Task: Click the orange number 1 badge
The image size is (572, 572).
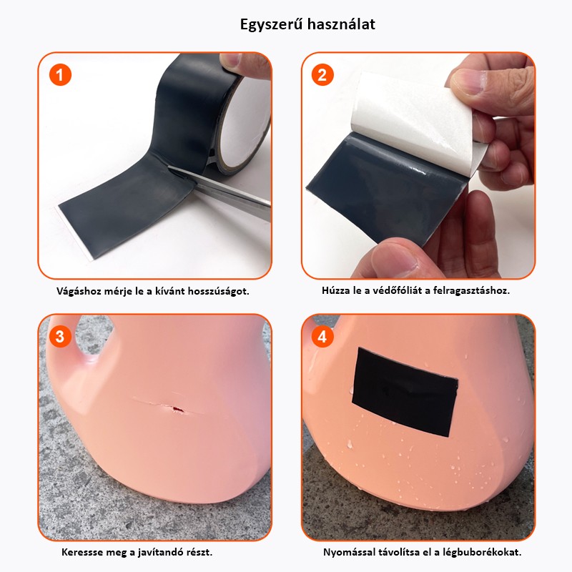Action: click(x=60, y=75)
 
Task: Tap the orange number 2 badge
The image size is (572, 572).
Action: click(x=322, y=75)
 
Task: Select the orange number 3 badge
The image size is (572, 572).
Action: click(x=60, y=336)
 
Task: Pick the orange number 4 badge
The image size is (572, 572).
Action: click(x=322, y=336)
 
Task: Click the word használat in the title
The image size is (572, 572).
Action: click(x=341, y=24)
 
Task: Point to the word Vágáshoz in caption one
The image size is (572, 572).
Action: click(x=79, y=292)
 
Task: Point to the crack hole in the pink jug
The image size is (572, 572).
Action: click(x=177, y=409)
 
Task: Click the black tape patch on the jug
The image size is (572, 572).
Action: click(x=404, y=392)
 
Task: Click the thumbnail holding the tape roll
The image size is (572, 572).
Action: click(x=231, y=60)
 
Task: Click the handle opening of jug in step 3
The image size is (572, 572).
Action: click(x=92, y=335)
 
